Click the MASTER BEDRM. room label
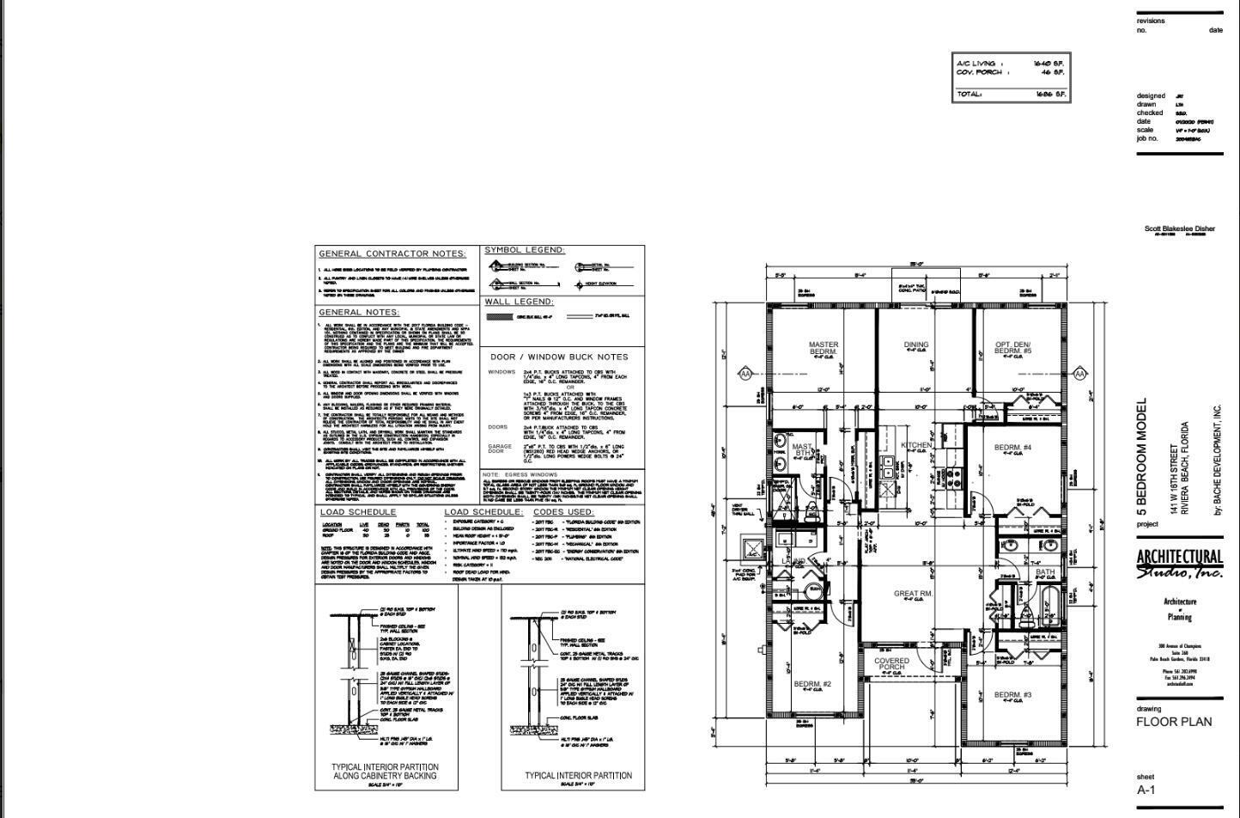(824, 349)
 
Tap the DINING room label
(915, 345)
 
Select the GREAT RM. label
(913, 594)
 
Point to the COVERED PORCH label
(891, 664)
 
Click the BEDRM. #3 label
(1012, 695)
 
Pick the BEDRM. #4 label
(1012, 448)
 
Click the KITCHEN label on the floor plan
(915, 445)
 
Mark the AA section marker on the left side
(745, 374)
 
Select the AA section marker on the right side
(1079, 374)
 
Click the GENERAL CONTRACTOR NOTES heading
(392, 254)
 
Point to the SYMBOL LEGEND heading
(524, 250)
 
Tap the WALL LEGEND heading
(519, 302)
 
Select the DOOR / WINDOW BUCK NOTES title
(559, 357)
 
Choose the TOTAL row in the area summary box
(1011, 95)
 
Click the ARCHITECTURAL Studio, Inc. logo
(1179, 565)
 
